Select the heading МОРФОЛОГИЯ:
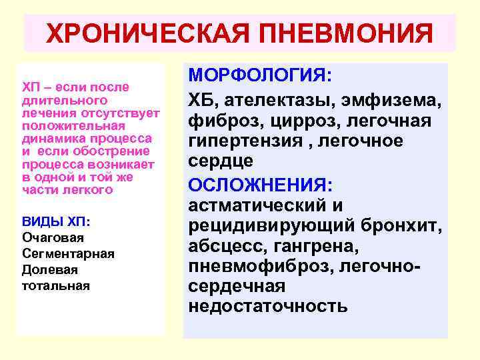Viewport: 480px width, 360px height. [260, 75]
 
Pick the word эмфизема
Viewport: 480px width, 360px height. [390, 100]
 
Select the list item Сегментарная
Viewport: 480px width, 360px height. [68, 253]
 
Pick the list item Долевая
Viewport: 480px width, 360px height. [49, 269]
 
